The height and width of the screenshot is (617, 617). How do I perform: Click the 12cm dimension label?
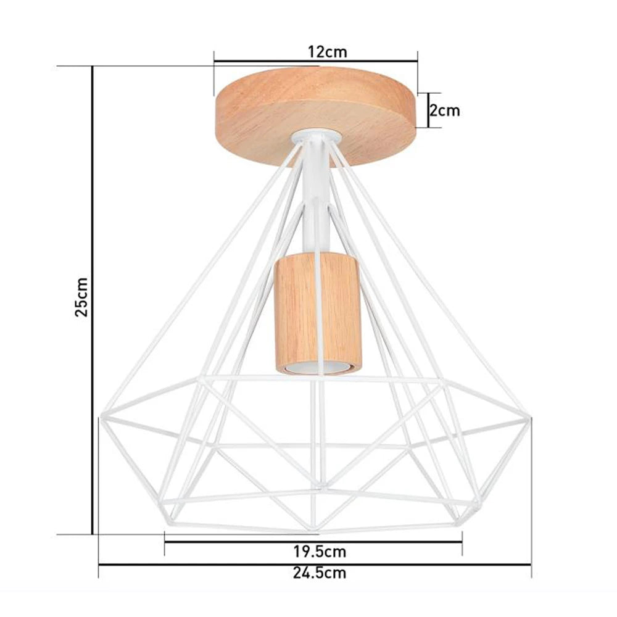[x=328, y=52]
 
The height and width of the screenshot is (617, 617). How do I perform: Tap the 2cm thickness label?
[x=445, y=111]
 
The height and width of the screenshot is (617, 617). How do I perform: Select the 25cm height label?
[x=82, y=297]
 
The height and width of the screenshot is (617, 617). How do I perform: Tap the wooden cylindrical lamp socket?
[x=317, y=315]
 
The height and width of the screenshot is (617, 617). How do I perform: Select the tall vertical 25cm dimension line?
[x=93, y=296]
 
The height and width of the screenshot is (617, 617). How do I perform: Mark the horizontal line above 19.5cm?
[x=313, y=540]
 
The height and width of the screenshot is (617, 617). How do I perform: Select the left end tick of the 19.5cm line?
[x=165, y=540]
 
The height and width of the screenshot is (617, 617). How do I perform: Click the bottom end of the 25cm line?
[x=93, y=534]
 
